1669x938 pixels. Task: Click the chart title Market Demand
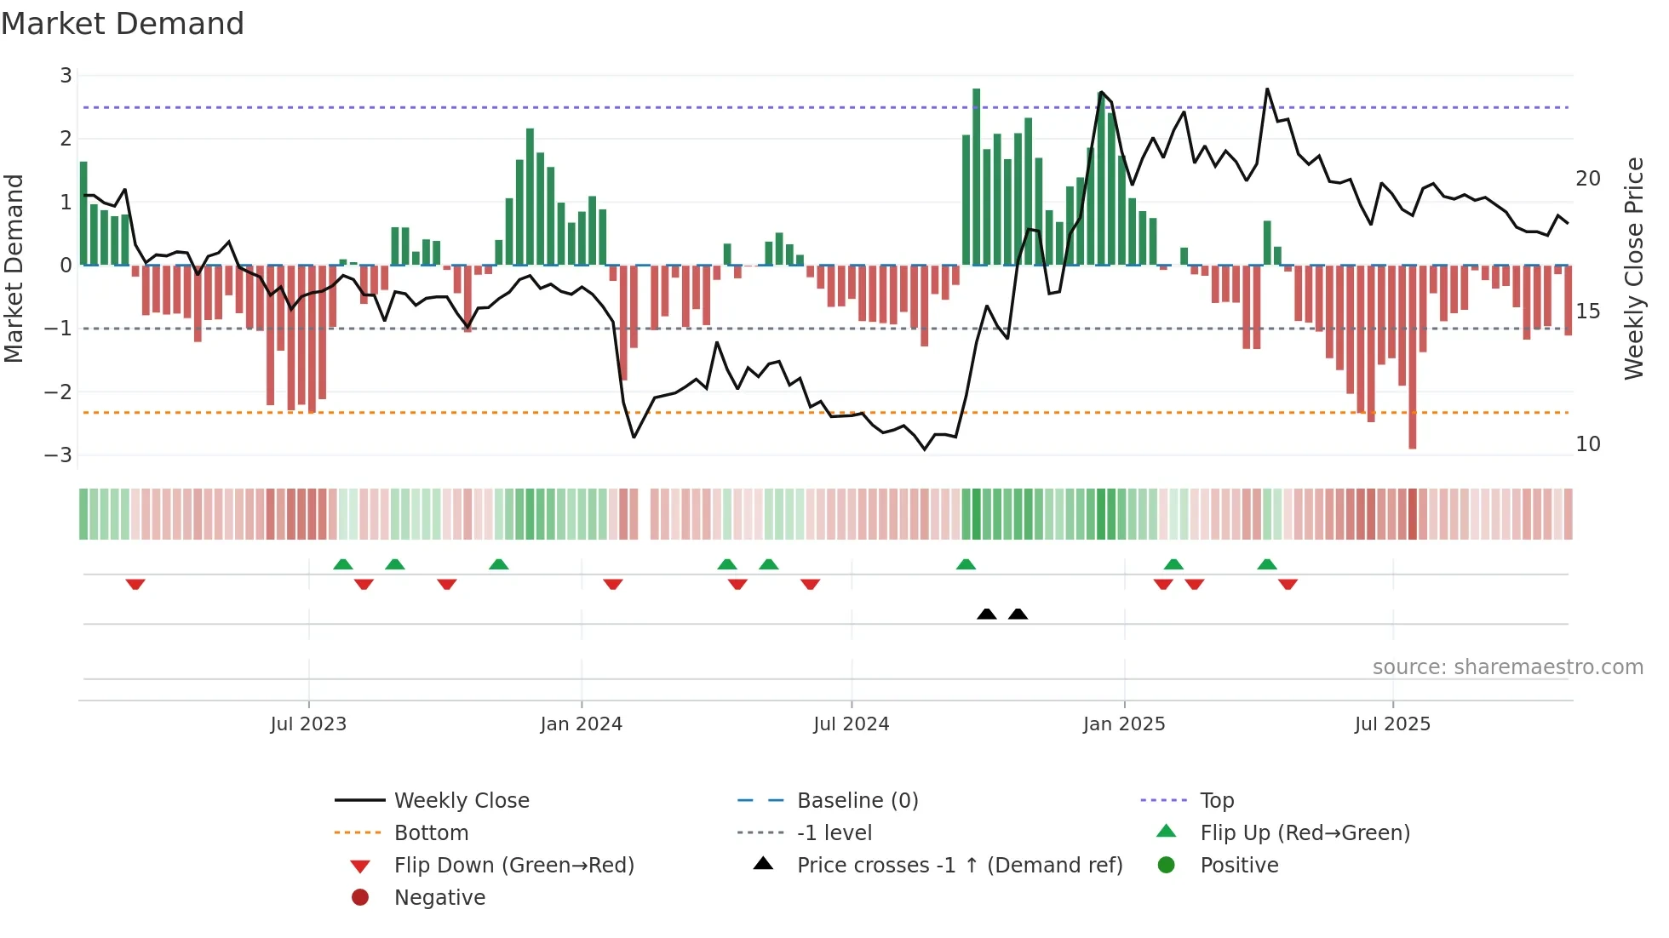pos(123,24)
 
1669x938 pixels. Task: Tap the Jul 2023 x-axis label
pos(308,724)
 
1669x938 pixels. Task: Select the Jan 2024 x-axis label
pos(581,724)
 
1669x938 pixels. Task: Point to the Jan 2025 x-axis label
pos(1123,724)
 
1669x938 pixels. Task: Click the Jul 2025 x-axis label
pos(1392,724)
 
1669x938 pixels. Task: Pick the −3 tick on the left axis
pos(58,455)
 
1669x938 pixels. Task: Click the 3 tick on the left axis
pos(66,76)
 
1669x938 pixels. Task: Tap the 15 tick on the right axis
pos(1587,312)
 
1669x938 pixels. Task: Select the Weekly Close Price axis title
pos(1633,268)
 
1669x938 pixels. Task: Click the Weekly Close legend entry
pos(461,801)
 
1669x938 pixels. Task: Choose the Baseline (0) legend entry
pos(857,801)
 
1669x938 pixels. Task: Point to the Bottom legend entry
pos(431,833)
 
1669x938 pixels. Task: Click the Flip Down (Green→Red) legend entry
pos(513,866)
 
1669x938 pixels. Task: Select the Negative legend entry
pos(439,898)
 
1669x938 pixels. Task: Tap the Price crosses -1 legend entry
pos(959,866)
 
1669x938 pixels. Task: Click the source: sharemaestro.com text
pos(1507,667)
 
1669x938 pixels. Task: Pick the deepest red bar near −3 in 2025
pos(1412,357)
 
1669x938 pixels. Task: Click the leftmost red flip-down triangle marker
pos(135,584)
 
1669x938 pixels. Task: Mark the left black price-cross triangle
pos(986,614)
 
